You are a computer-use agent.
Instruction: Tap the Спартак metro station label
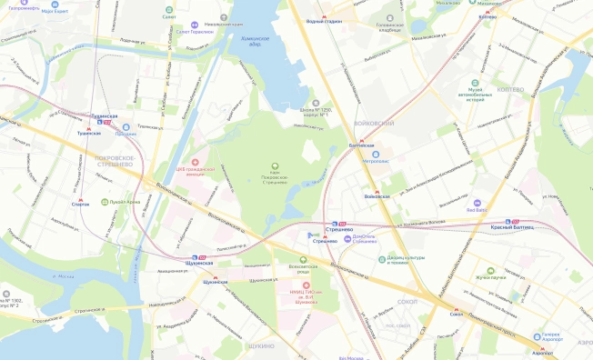81,205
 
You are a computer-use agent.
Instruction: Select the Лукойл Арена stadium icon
106,202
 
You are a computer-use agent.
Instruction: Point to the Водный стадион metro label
325,20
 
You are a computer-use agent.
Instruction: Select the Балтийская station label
363,145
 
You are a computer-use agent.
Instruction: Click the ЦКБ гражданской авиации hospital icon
193,160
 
